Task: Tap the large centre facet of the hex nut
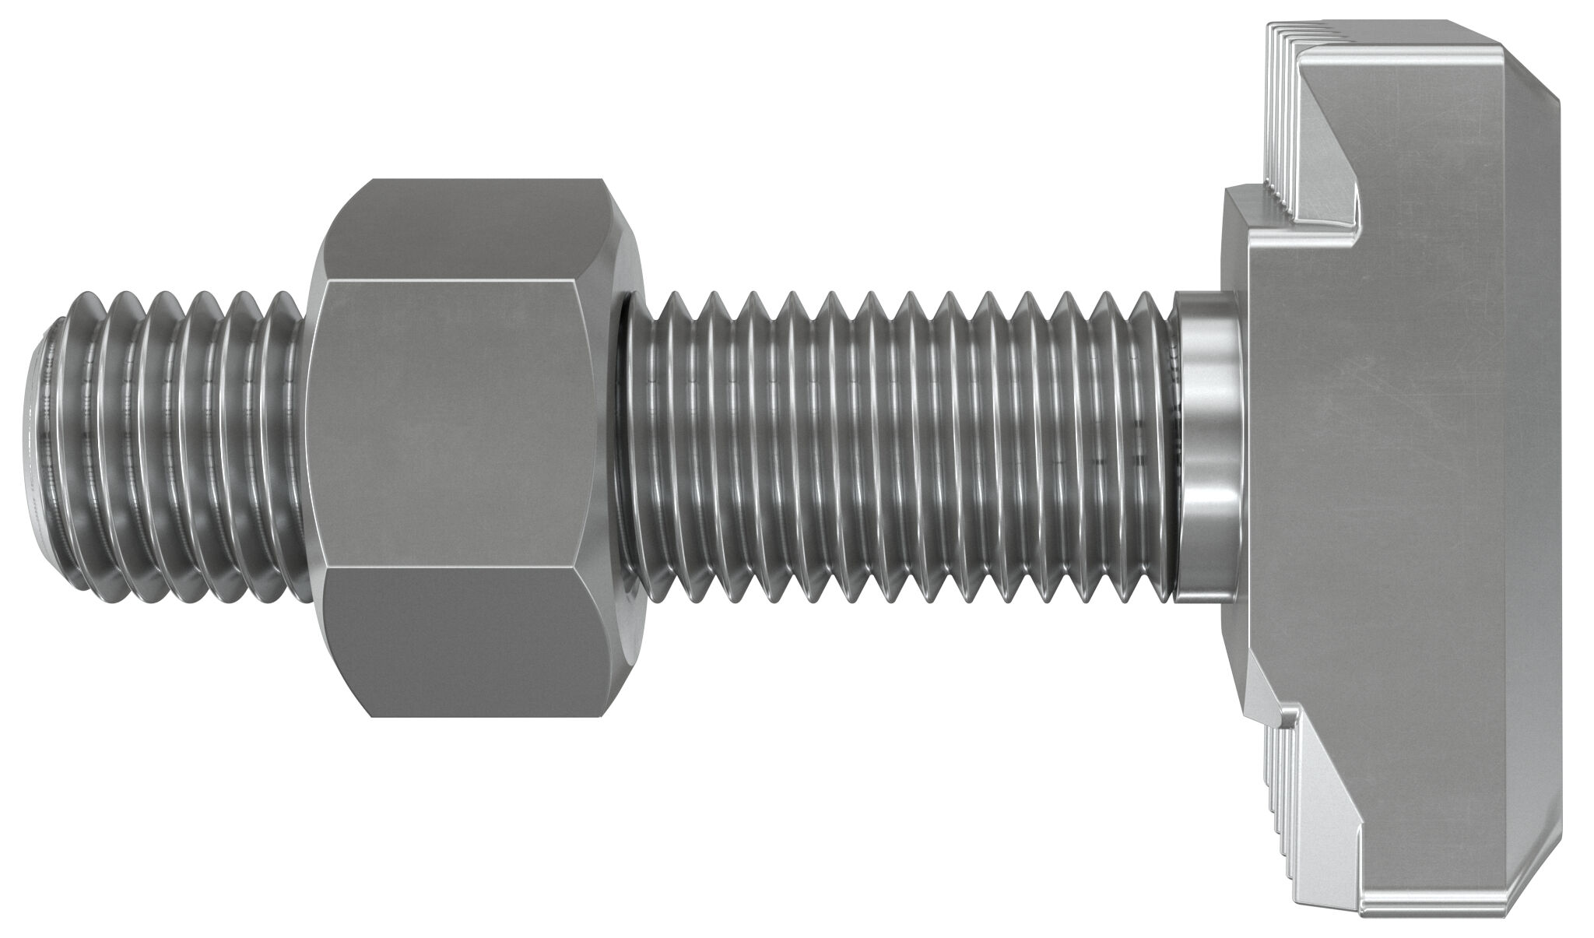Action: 459,424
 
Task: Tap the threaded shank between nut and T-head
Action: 895,436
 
